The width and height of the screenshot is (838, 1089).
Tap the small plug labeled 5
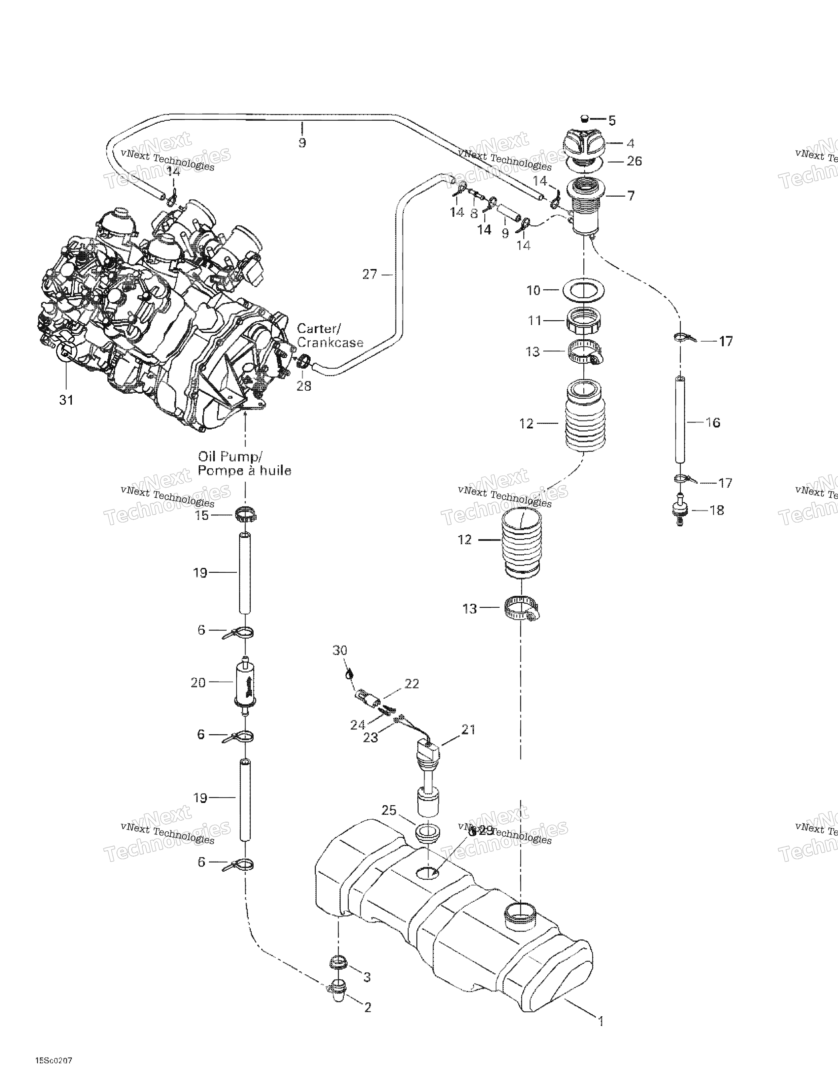(x=586, y=119)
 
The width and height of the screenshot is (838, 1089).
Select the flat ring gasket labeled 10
(x=584, y=289)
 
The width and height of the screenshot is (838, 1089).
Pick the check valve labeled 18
(x=679, y=510)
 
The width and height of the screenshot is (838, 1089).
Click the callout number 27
(x=370, y=274)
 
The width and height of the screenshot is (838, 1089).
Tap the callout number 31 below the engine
(x=66, y=400)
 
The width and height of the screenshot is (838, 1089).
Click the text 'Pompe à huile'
(x=245, y=471)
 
